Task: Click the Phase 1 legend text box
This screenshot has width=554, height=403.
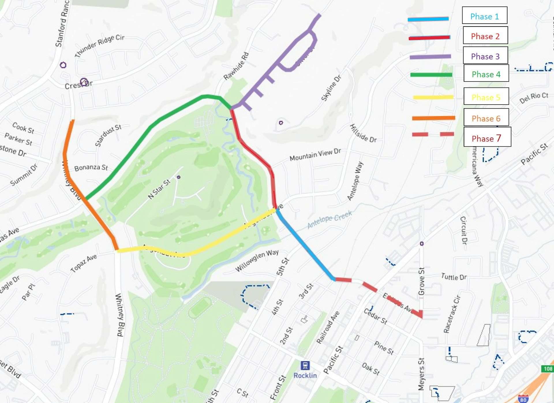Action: (484, 16)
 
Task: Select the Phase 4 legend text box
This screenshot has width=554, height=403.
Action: (486, 74)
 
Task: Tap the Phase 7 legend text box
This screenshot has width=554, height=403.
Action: (487, 137)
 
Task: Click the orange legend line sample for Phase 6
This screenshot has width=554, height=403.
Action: (433, 118)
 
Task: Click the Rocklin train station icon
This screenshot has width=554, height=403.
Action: (305, 365)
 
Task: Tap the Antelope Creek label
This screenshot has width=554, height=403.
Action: (329, 219)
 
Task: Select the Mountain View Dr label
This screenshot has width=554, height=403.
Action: (315, 155)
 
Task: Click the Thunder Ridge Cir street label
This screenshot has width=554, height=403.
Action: (100, 46)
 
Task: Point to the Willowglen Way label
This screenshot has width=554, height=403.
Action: (257, 260)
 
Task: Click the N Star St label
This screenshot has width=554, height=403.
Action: (159, 189)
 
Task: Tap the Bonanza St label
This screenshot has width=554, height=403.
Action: (91, 167)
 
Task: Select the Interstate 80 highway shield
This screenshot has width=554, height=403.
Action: (523, 399)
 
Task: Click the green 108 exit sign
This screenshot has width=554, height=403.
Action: (547, 369)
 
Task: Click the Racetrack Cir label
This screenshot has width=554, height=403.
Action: (452, 314)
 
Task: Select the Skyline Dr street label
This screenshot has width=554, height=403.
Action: (331, 88)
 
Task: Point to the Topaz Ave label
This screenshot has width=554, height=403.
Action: (84, 263)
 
